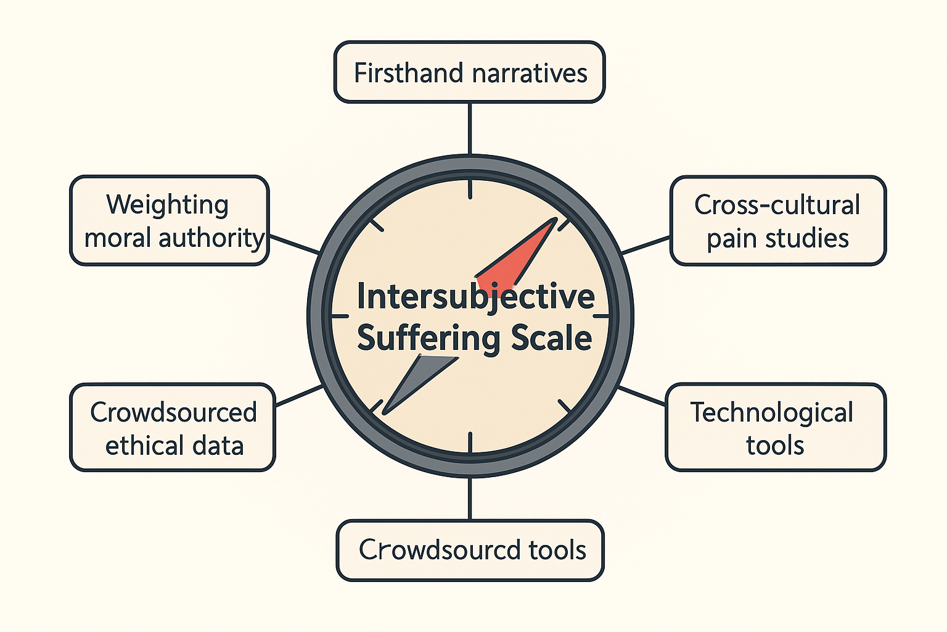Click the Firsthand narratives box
469,72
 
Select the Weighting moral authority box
170,220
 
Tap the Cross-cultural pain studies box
777,220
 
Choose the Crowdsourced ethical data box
173,428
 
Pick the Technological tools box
775,428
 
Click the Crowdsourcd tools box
470,550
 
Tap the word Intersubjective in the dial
475,297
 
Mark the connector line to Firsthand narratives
470,128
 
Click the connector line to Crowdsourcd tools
470,498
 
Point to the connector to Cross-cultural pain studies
646,245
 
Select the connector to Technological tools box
642,396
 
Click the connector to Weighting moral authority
294,244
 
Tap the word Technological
772,412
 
